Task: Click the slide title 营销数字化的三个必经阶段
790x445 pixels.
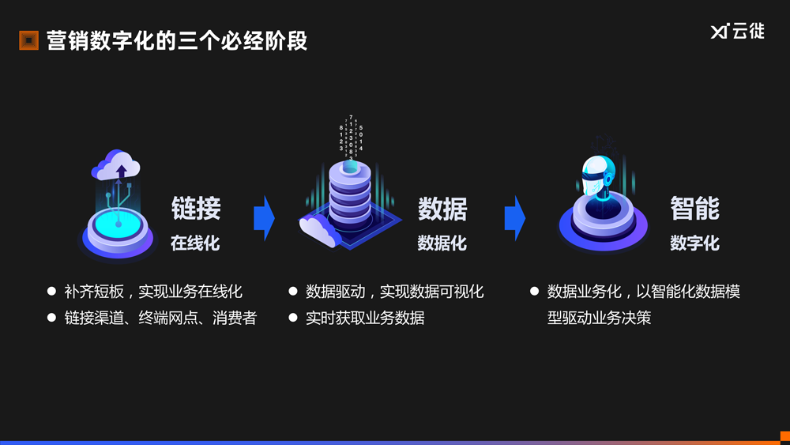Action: coord(177,40)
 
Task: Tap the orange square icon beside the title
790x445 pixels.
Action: coord(28,40)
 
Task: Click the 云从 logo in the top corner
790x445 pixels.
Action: coord(737,32)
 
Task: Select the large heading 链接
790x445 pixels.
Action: coord(196,209)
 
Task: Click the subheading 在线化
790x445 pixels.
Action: coord(195,243)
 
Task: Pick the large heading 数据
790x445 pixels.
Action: coord(442,209)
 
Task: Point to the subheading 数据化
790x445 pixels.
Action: coord(442,243)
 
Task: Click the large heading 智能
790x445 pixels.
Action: coord(694,209)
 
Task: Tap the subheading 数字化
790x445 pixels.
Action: coord(694,243)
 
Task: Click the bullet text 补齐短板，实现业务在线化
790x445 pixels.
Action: coord(153,292)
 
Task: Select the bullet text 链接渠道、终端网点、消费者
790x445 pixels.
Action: coord(161,318)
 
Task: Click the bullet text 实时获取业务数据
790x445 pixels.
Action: coord(365,318)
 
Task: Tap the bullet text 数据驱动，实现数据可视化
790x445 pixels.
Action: coord(394,292)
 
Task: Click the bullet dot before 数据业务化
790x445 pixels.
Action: coord(534,292)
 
